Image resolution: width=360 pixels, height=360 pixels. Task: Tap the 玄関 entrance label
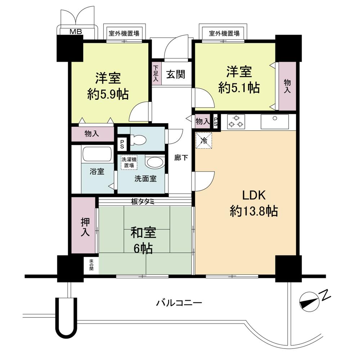click(x=176, y=75)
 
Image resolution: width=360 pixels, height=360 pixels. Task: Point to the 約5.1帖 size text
click(x=239, y=87)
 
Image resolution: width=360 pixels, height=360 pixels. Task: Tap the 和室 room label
click(x=143, y=233)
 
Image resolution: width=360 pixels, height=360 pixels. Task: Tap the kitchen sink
click(x=274, y=122)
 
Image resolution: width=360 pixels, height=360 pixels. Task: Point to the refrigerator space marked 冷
click(x=204, y=140)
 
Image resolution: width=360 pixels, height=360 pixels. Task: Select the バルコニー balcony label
click(x=179, y=303)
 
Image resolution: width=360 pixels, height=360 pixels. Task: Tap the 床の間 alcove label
click(x=91, y=264)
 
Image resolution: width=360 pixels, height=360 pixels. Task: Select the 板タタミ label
click(x=143, y=202)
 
